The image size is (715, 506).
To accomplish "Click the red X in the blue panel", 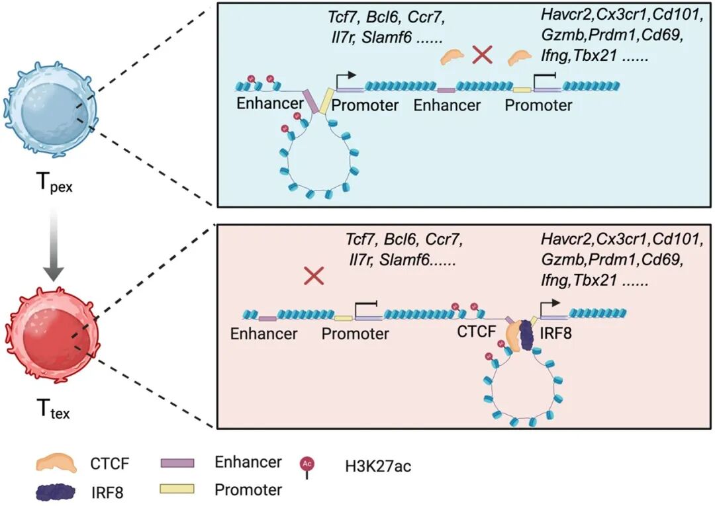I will point(482,56).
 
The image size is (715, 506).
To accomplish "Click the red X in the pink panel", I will point(312,276).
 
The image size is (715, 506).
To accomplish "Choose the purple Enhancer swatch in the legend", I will point(178,462).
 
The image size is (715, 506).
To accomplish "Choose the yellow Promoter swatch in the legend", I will point(178,489).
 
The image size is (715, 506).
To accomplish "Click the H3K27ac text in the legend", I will point(378,466).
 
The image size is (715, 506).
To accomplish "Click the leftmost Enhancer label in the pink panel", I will point(263,333).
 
